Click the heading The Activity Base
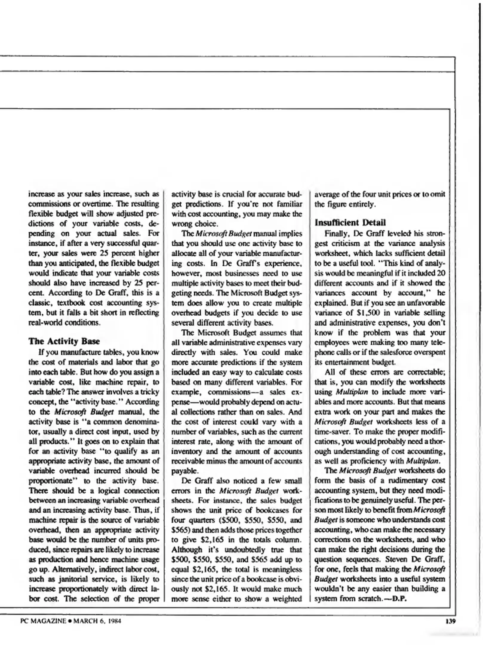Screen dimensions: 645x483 pos(64,341)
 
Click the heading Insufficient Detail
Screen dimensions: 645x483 pos(350,222)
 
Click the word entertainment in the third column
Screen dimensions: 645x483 pos(343,362)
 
